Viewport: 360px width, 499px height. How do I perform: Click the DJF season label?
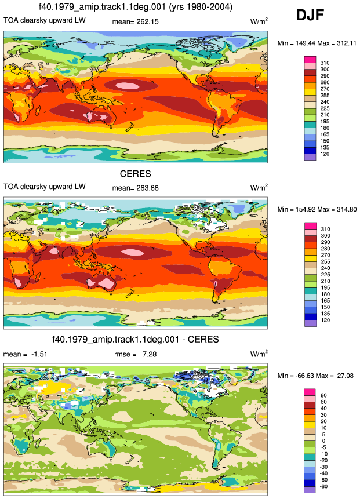310,15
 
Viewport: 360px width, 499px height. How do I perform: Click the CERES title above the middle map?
135,174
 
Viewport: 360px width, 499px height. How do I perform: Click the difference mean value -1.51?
39,354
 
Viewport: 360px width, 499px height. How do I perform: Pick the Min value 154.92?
300,209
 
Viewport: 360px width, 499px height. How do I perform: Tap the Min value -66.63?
300,376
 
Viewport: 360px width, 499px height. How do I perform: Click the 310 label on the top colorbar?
325,63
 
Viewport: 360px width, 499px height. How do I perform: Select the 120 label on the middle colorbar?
325,320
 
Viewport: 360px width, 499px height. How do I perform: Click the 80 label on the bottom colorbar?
323,396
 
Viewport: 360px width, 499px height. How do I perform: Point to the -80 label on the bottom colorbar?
323,486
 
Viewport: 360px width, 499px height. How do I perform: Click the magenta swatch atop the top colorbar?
310,60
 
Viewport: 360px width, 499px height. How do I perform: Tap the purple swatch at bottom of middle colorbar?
310,323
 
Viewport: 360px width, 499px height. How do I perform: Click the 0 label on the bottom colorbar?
323,441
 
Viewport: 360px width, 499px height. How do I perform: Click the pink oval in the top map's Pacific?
125,85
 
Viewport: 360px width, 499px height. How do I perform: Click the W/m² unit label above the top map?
259,21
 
